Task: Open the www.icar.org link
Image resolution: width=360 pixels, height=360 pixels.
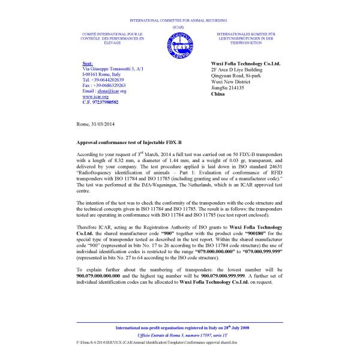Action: [x=95, y=97]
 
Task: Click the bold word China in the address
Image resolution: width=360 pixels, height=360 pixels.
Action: [x=220, y=95]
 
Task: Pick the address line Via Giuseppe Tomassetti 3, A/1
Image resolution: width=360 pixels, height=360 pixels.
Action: [x=112, y=69]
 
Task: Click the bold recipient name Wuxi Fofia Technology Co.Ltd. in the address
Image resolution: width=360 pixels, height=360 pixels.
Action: [x=245, y=63]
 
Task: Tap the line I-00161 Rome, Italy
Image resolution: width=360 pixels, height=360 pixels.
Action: [x=101, y=74]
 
